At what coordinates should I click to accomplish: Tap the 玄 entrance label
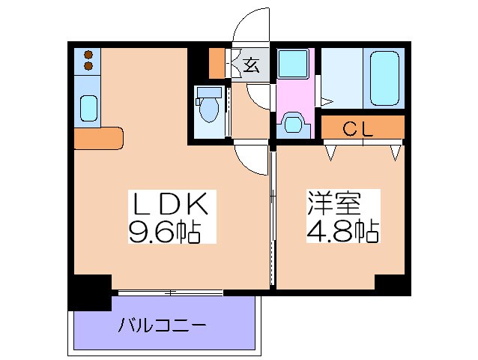tap(252, 65)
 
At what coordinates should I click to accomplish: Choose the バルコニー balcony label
tap(163, 326)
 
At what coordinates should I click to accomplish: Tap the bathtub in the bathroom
tap(384, 78)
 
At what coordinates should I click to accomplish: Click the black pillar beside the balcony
tap(90, 292)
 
